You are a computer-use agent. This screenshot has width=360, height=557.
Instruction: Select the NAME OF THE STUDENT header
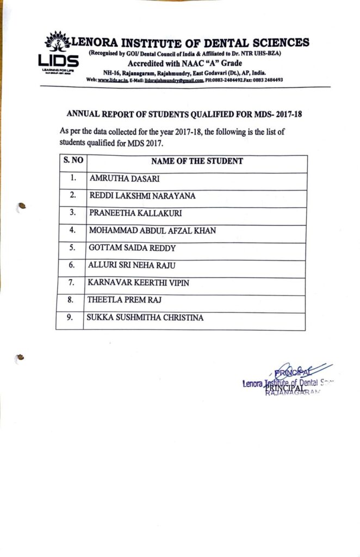[197, 161]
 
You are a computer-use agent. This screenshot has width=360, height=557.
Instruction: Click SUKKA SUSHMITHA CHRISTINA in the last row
[145, 317]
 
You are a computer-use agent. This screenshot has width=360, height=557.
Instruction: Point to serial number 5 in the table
[71, 249]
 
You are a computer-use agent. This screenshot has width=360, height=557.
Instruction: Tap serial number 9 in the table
[70, 317]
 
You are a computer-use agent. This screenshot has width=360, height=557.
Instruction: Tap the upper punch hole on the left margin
[22, 206]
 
